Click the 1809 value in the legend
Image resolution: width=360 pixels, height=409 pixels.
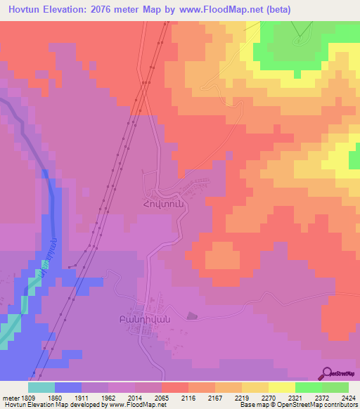[x=19, y=397]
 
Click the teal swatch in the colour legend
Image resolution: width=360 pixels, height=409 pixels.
[x=41, y=387]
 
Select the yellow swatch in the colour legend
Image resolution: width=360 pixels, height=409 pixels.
[x=281, y=387]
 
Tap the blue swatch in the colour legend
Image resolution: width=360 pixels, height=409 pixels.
[x=68, y=387]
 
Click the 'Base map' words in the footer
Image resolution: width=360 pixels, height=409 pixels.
[x=254, y=405]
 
